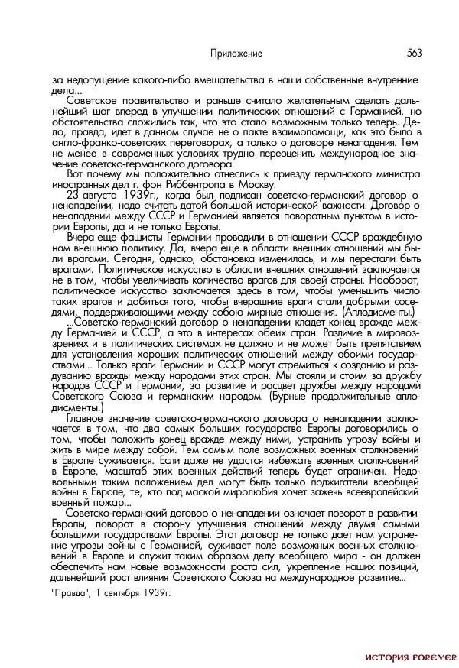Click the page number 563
[415, 53]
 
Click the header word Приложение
[236, 54]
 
